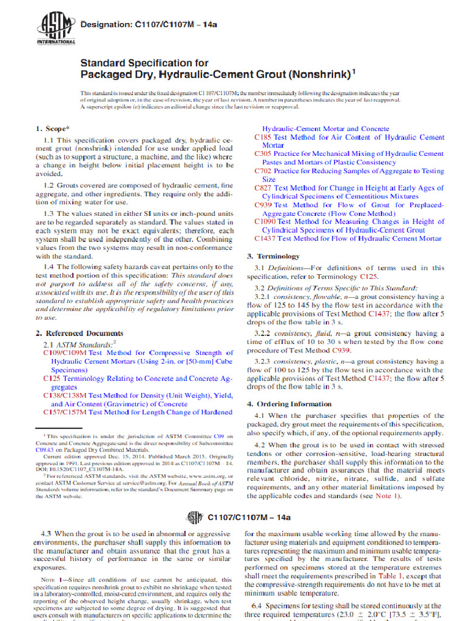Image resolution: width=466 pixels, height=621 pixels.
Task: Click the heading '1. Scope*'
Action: [x=53, y=129]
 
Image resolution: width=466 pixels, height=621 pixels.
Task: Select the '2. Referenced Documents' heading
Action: [x=79, y=334]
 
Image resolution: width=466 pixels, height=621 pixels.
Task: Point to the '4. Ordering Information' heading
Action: [x=289, y=404]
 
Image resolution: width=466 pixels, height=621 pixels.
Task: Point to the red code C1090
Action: [x=265, y=222]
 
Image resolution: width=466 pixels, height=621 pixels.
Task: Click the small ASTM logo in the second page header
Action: [x=195, y=517]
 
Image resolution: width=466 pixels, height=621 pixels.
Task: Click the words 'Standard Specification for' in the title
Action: [x=144, y=63]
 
